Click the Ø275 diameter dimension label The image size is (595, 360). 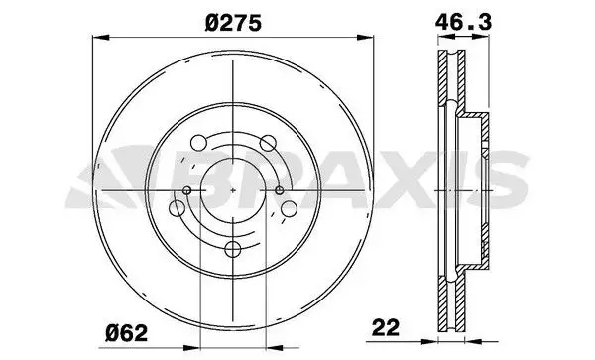click(x=233, y=23)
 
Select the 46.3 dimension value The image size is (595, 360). click(x=463, y=23)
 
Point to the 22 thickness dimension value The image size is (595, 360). click(x=386, y=327)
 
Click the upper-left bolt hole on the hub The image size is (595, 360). click(x=198, y=143)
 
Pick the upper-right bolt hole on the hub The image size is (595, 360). click(x=268, y=143)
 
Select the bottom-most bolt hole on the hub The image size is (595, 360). click(x=233, y=249)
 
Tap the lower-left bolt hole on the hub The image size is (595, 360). click(x=177, y=208)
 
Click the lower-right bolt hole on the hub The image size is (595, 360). click(x=289, y=208)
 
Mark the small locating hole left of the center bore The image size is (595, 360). click(x=187, y=190)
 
